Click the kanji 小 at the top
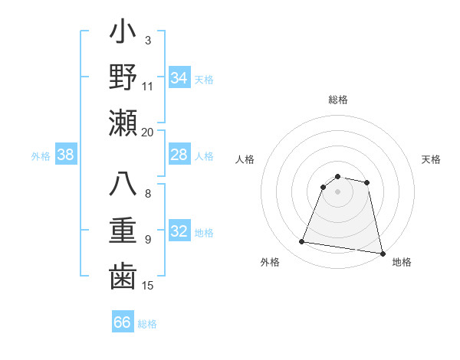click(x=123, y=34)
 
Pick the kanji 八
click(x=123, y=187)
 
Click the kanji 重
click(x=123, y=231)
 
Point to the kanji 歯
click(x=123, y=276)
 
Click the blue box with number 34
click(x=179, y=77)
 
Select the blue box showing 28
click(x=179, y=155)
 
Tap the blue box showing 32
click(x=179, y=231)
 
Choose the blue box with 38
click(x=66, y=155)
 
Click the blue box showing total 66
click(x=123, y=322)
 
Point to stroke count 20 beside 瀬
click(x=148, y=132)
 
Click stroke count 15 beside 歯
click(x=148, y=286)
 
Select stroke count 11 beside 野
click(x=148, y=86)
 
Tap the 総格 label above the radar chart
click(x=337, y=100)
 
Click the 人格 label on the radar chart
click(x=245, y=159)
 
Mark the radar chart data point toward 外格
click(x=302, y=242)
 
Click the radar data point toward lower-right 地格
click(x=381, y=253)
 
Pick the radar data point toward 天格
click(x=367, y=182)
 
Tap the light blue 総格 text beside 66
click(x=147, y=323)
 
